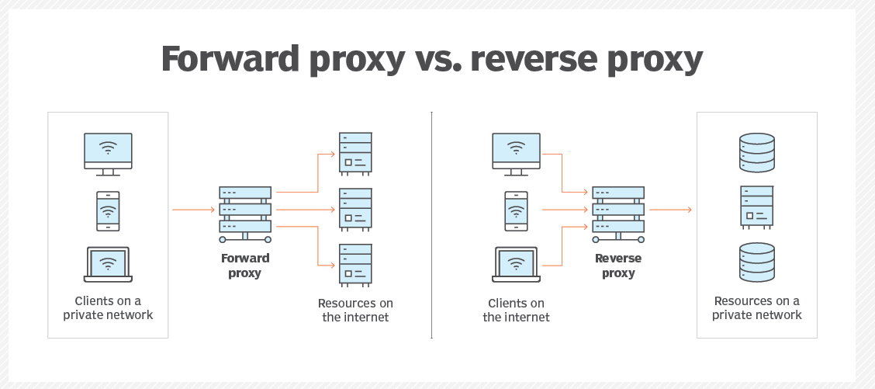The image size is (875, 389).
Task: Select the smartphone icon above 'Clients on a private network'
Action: pos(108,210)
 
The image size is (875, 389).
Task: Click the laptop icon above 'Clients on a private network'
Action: pos(108,264)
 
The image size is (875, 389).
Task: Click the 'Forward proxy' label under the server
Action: pos(245,266)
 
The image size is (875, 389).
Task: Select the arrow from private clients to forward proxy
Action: pos(193,210)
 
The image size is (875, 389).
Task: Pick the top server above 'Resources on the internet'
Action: pos(355,152)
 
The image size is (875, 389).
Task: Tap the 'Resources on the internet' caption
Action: pos(355,310)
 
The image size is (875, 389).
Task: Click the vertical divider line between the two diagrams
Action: pos(431,225)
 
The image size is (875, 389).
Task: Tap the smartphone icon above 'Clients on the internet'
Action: pos(516,210)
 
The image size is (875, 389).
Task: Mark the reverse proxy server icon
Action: pos(618,210)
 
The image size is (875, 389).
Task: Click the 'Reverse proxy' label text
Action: pos(618,266)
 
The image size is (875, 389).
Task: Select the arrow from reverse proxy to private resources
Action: pos(670,210)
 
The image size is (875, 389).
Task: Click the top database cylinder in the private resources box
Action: pos(757,153)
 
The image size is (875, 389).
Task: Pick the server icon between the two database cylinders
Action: pos(757,207)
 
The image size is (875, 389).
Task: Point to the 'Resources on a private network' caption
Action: pos(757,308)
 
